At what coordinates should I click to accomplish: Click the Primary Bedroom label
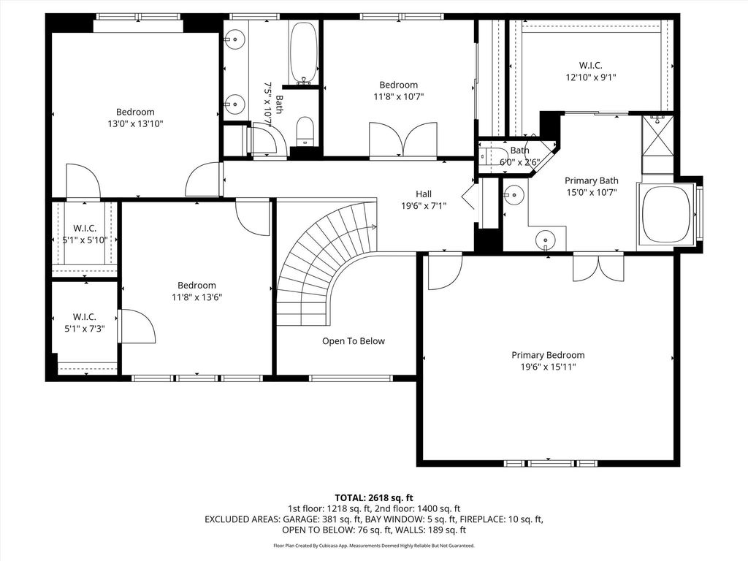[548, 355]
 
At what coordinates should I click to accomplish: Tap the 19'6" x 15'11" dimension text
[548, 367]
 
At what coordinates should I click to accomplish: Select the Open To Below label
[354, 341]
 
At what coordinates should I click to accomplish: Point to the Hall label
[424, 194]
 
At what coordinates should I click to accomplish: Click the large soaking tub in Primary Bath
[666, 215]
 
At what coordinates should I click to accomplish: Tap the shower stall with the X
[657, 135]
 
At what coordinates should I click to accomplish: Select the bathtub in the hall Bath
[303, 53]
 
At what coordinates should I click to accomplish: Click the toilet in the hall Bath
[305, 131]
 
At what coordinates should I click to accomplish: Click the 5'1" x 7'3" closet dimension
[85, 328]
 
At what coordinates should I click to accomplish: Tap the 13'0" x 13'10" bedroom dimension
[135, 124]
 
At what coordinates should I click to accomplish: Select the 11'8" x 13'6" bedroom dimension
[197, 297]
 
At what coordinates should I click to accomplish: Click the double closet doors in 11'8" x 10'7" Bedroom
[403, 140]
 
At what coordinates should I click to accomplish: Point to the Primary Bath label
[592, 180]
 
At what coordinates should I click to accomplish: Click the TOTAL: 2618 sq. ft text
[373, 498]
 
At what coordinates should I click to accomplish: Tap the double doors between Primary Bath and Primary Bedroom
[598, 267]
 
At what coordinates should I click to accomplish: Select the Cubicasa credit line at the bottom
[373, 545]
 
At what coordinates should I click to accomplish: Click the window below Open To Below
[351, 378]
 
